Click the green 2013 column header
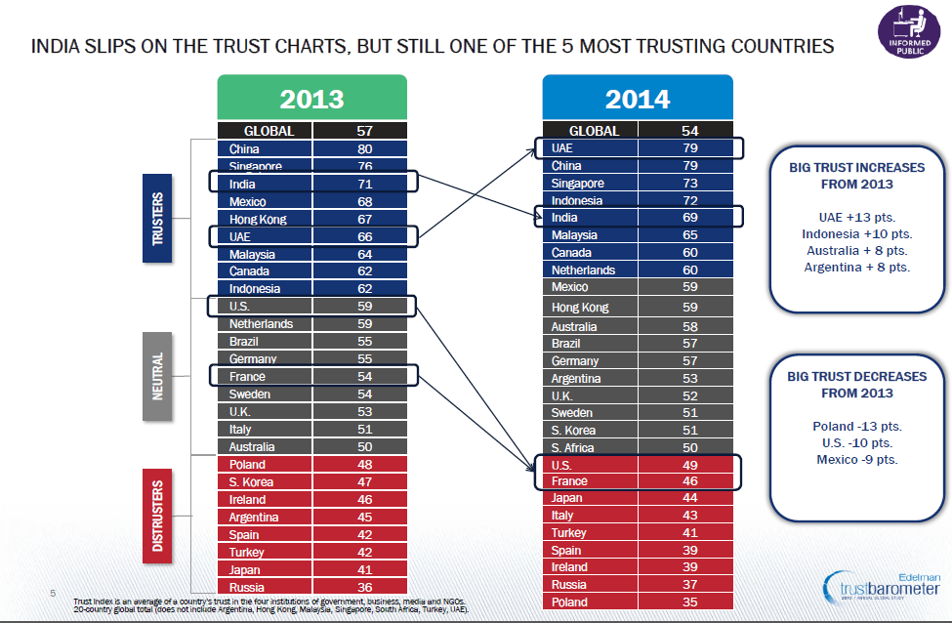[311, 99]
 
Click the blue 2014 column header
[637, 99]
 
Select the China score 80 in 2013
[364, 149]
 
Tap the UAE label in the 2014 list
[562, 148]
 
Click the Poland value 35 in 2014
[688, 602]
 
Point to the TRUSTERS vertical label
[158, 219]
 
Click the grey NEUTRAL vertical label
[157, 376]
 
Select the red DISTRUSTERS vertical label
[158, 516]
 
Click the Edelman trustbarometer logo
[883, 587]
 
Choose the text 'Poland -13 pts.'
[857, 427]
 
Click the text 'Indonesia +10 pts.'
[855, 234]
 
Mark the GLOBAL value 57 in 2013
[364, 130]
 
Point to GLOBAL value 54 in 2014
[688, 130]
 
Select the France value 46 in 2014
[688, 480]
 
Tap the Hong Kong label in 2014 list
[580, 307]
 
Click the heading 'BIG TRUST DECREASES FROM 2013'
[857, 385]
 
